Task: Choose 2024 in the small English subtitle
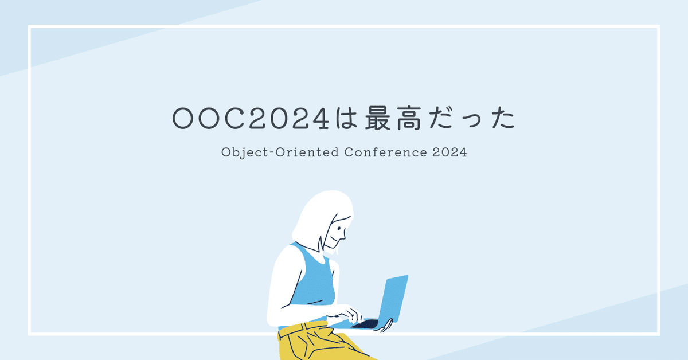[x=451, y=153]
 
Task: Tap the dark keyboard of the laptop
[x=365, y=324]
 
